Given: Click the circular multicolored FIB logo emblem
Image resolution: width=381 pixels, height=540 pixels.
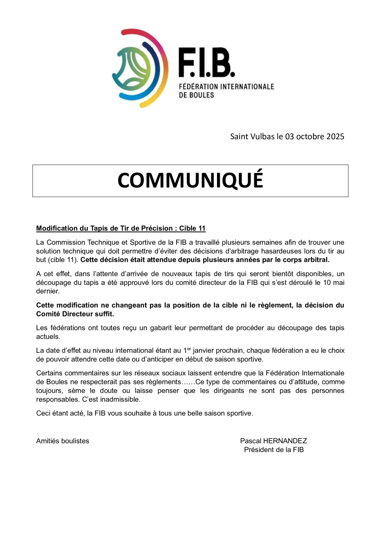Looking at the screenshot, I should tap(139, 68).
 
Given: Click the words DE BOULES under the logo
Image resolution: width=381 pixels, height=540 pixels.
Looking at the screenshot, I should tap(196, 95).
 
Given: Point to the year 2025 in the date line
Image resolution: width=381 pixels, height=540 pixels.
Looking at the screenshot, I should tap(334, 136).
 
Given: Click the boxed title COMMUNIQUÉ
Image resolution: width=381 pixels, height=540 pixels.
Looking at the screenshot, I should tap(190, 180).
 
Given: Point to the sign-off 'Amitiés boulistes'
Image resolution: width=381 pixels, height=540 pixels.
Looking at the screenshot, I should tap(62, 441).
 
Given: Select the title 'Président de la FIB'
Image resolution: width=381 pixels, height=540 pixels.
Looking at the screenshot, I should tap(274, 450).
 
